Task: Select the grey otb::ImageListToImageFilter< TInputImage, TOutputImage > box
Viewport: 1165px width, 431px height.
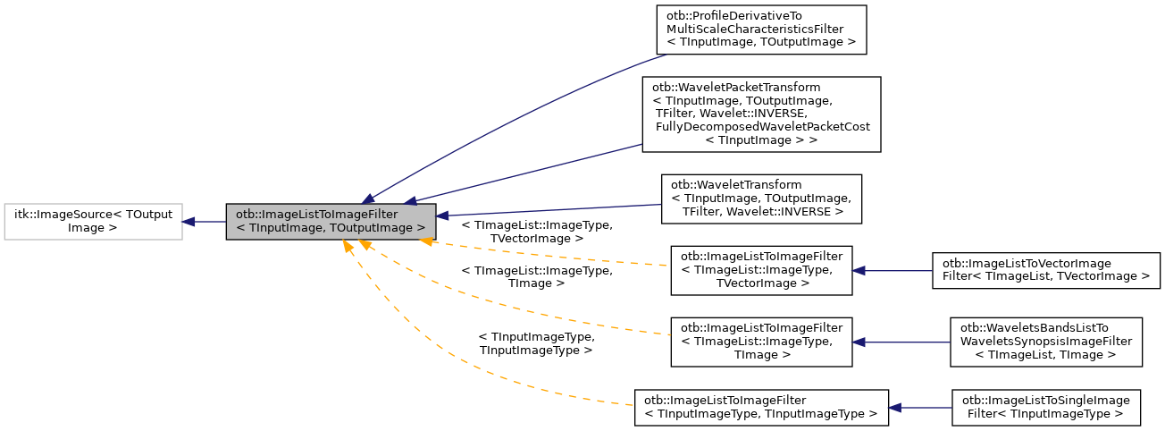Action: click(x=331, y=221)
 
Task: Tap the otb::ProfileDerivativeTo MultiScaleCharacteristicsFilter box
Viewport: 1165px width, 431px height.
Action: click(x=761, y=29)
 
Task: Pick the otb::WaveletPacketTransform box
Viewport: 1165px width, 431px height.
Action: click(x=761, y=113)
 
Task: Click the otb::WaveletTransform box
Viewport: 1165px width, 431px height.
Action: click(x=761, y=199)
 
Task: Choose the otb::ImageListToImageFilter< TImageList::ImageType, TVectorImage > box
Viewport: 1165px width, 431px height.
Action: click(x=761, y=270)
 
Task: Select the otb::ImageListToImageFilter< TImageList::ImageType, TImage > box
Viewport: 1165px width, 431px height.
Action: click(x=761, y=342)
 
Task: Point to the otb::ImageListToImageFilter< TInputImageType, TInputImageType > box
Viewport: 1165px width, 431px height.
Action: click(x=761, y=407)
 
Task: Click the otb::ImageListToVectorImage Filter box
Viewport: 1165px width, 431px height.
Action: click(x=1045, y=270)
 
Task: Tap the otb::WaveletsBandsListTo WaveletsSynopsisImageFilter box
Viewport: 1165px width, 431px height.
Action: click(x=1045, y=342)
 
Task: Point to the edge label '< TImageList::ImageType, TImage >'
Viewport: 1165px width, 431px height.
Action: click(x=536, y=276)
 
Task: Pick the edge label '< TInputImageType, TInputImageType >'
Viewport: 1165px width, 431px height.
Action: click(x=536, y=344)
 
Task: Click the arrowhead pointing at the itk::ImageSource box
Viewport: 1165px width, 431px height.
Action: click(x=189, y=221)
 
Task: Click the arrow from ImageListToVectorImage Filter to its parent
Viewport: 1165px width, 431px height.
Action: click(x=893, y=270)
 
